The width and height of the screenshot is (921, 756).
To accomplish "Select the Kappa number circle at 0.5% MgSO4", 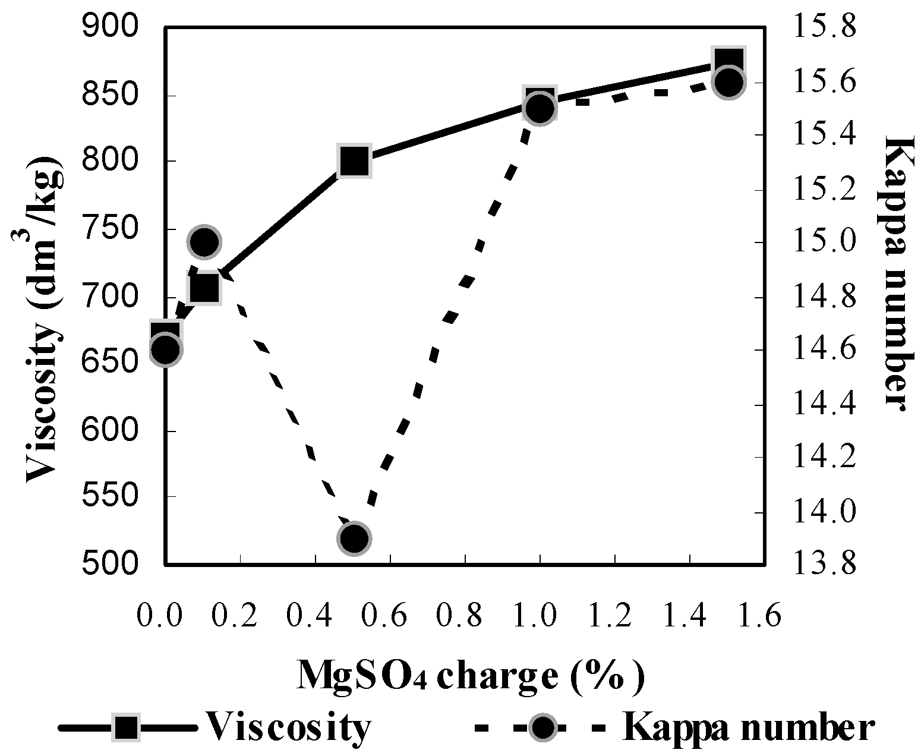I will [x=354, y=538].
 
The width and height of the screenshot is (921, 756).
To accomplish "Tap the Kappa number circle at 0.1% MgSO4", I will [x=204, y=242].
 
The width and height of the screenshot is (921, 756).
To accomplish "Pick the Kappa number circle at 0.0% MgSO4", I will [x=166, y=349].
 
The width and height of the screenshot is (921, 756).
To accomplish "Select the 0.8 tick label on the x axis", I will [x=465, y=616].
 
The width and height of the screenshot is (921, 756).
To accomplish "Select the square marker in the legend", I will [x=127, y=727].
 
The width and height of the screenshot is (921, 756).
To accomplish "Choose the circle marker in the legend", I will [x=541, y=727].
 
